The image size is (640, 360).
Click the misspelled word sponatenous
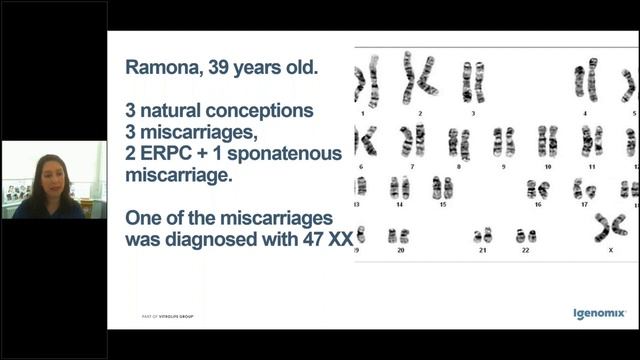point(281,153)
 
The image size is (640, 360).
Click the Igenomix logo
point(599,314)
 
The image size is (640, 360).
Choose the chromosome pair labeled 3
point(472,80)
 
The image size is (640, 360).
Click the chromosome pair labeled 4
point(586,78)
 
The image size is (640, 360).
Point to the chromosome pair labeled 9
point(503,141)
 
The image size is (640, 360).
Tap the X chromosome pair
point(610,227)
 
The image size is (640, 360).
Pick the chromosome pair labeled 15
point(442,187)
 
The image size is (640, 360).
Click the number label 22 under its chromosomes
point(524,250)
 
